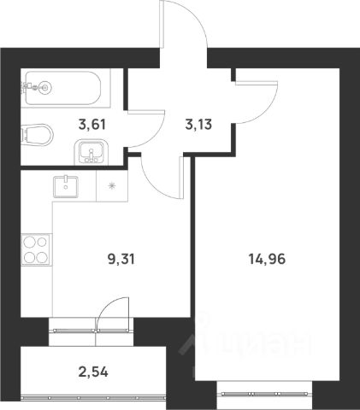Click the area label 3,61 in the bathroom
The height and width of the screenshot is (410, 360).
coord(91,125)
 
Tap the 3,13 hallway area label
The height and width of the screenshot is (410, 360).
coord(198,125)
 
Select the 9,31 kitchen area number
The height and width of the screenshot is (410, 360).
coord(121,260)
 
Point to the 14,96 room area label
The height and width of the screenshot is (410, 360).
coord(267,260)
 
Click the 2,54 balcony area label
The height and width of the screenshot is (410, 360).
coord(93,372)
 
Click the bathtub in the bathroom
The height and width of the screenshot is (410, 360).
coord(63,88)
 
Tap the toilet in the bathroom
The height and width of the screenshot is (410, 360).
coord(38,133)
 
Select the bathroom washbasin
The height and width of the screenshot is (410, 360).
coord(91,152)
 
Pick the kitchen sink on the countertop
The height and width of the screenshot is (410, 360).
coord(66,186)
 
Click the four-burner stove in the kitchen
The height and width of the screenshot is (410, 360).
coord(37,249)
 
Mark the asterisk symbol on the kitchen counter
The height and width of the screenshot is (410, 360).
coord(112,185)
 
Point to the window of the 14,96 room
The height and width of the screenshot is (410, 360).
coord(264,394)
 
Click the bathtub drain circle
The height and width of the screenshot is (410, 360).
coord(44,88)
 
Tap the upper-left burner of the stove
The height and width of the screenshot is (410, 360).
coord(29,243)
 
